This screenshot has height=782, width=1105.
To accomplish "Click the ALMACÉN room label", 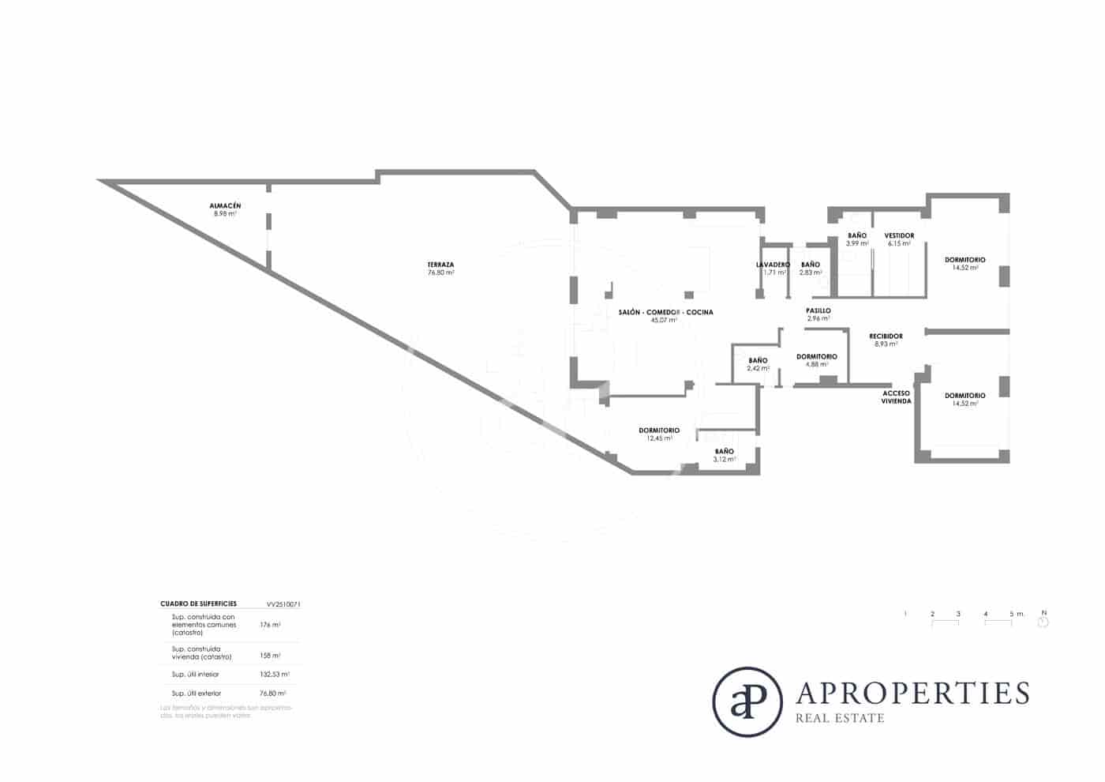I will [x=225, y=206].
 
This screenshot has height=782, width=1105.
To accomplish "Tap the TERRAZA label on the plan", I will [x=440, y=265].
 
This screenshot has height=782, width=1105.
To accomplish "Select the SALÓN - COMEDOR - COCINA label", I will [x=665, y=313].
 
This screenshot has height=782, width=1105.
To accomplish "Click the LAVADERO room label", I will [x=773, y=265].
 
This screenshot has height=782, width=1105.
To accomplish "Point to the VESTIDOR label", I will [x=899, y=236].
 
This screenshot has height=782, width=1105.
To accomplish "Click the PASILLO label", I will [x=818, y=311].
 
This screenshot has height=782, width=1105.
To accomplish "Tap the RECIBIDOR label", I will [x=886, y=336].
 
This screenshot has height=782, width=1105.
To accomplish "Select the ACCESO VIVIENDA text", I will [x=896, y=397].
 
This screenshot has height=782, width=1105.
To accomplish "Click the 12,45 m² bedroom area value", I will [x=659, y=438].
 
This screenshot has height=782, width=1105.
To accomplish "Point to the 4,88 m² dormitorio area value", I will [x=817, y=365].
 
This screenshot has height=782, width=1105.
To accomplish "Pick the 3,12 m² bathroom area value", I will [x=724, y=459].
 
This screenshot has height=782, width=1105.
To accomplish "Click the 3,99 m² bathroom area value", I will [x=857, y=244].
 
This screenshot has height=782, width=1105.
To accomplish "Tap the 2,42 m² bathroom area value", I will [x=758, y=368].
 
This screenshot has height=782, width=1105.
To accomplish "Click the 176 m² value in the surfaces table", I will [x=270, y=624].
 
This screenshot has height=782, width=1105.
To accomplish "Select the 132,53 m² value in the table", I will [x=274, y=675].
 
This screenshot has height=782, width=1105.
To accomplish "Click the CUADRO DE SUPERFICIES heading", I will [x=198, y=604].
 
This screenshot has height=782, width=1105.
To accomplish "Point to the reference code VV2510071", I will [x=283, y=604].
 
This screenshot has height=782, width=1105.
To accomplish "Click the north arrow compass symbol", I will [x=1043, y=622].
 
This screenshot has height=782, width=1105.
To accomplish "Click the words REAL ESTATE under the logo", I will [x=840, y=718].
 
